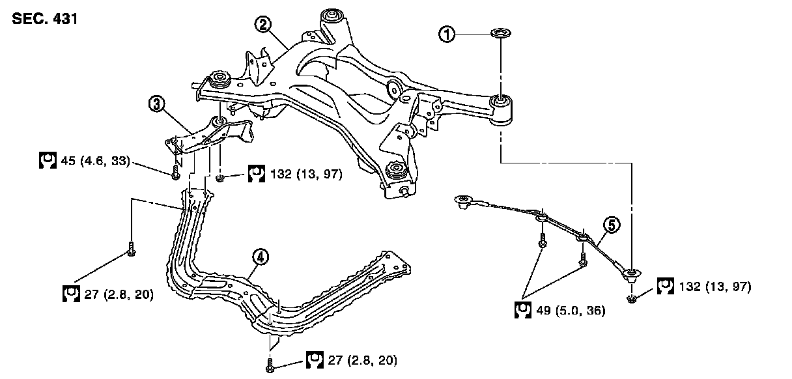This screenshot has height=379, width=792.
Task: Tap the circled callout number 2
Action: click(x=263, y=25)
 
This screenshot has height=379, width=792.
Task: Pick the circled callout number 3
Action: click(x=156, y=104)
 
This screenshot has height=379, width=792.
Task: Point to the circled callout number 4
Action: click(x=259, y=257)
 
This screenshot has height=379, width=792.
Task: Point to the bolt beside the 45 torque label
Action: click(x=176, y=173)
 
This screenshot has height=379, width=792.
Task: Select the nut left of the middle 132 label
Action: click(x=221, y=176)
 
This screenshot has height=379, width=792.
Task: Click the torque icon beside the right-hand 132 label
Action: click(x=665, y=286)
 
